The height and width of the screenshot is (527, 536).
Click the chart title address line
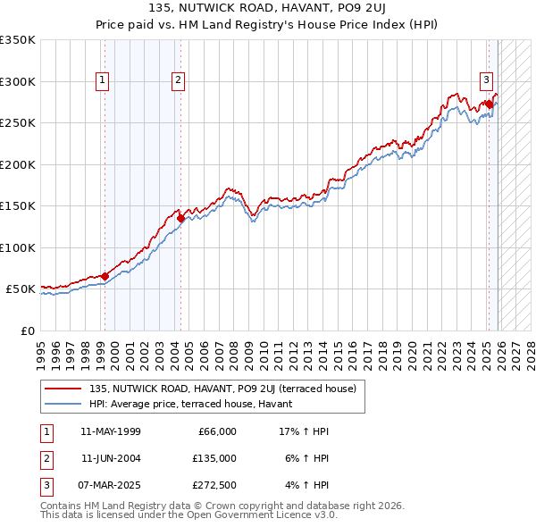[x=268, y=10]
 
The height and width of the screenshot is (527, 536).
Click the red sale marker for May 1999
[x=105, y=276]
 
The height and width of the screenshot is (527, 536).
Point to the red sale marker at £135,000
[x=180, y=218]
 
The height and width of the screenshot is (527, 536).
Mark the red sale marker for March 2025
[x=489, y=105]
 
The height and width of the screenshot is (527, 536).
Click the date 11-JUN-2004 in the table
[x=110, y=458]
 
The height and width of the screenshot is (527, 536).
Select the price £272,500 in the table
[x=214, y=485]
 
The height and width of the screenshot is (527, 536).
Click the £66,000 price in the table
[x=217, y=431]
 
